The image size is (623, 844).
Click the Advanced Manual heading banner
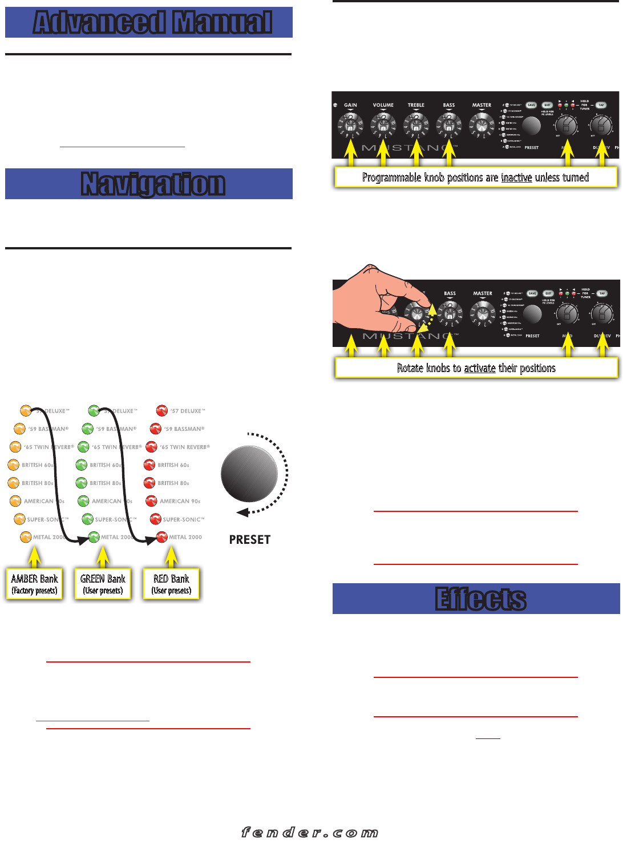tap(149, 22)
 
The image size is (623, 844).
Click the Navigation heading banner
tap(149, 184)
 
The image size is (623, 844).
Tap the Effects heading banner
tap(476, 599)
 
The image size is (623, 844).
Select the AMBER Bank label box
tap(34, 584)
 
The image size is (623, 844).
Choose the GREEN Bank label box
tap(103, 584)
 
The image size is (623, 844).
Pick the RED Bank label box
tap(171, 584)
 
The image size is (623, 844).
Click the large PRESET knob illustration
tap(249, 474)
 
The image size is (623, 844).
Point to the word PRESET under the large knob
tap(249, 539)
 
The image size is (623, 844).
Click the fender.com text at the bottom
tap(310, 833)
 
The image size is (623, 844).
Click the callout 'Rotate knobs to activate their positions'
tap(476, 368)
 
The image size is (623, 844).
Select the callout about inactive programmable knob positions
tap(476, 177)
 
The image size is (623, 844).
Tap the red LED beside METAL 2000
tap(162, 537)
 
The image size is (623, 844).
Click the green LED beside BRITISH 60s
tap(81, 465)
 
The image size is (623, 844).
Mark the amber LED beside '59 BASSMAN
tap(19, 429)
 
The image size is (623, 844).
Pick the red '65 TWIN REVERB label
tap(185, 447)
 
